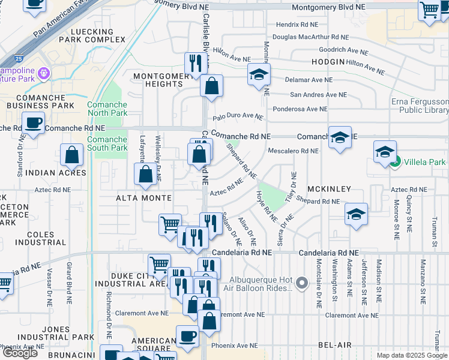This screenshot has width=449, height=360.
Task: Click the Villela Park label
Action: click(x=424, y=161)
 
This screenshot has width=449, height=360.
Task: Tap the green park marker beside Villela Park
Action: click(x=395, y=161)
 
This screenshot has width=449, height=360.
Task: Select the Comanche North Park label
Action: click(x=107, y=109)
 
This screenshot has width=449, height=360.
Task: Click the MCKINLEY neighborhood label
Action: click(x=330, y=189)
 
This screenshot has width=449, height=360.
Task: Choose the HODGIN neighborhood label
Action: click(x=328, y=62)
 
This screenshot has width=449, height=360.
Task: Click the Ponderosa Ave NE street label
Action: click(x=300, y=109)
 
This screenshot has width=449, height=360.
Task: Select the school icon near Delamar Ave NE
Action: click(x=259, y=75)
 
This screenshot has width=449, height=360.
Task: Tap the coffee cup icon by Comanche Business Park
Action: click(x=33, y=123)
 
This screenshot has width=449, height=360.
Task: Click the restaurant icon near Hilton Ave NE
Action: click(x=194, y=63)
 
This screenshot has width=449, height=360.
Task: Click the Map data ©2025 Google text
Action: click(x=412, y=355)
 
